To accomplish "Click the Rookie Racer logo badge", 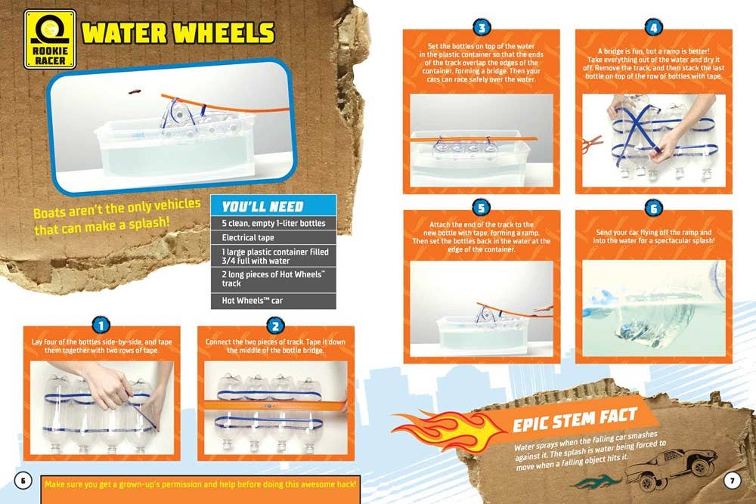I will tap(50, 39).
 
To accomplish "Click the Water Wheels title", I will tap(178, 33).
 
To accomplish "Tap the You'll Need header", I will tap(263, 206).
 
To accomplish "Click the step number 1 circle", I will tap(101, 326).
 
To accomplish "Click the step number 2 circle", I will tap(274, 326).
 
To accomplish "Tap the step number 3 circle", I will tap(482, 29).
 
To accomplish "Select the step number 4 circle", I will tap(654, 29).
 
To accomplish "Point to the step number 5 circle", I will tap(482, 209).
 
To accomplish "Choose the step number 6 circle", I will tap(654, 209).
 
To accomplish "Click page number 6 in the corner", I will tap(23, 481).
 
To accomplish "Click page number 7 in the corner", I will tap(733, 481).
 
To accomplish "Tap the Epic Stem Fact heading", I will tap(575, 420).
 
